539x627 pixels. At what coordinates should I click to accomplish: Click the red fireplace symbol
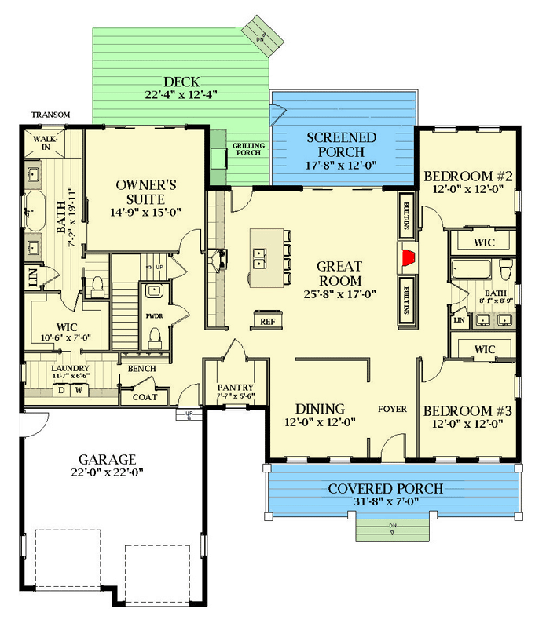[x=408, y=257]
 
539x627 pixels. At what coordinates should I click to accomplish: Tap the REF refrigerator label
[x=267, y=322]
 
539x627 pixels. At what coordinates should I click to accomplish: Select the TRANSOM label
[x=51, y=115]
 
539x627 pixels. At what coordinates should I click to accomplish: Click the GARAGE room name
[x=107, y=459]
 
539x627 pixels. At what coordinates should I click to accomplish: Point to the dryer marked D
[x=61, y=390]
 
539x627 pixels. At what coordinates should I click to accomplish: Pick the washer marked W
[x=79, y=390]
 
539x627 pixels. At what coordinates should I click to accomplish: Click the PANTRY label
[x=236, y=387]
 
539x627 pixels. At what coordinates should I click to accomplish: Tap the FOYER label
[x=392, y=409]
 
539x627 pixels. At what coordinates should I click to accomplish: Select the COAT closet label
[x=145, y=397]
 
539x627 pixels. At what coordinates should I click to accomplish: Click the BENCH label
[x=141, y=368]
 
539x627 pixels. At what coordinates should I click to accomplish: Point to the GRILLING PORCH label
[x=248, y=149]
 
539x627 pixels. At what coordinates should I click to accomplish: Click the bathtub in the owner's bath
[x=35, y=211]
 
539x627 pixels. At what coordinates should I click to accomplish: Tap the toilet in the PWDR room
[x=155, y=338]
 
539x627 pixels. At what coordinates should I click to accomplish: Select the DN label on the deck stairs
[x=261, y=38]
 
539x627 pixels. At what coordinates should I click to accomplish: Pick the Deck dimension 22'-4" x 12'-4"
[x=181, y=94]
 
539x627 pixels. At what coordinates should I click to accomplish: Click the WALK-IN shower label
[x=46, y=143]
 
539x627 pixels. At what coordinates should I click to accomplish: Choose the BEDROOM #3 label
[x=467, y=410]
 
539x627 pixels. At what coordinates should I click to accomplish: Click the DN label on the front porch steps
[x=392, y=526]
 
